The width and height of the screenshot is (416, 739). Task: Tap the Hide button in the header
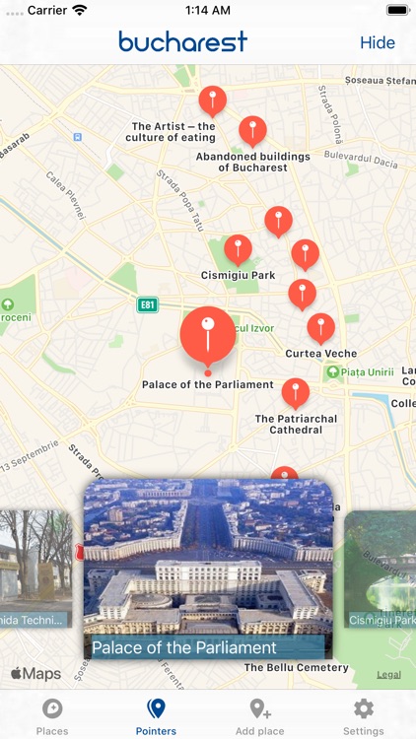(378, 42)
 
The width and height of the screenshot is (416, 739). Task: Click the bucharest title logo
(182, 41)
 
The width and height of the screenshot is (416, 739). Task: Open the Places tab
(52, 716)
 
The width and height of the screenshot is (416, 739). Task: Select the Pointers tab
(156, 716)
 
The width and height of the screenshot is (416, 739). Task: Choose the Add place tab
(260, 716)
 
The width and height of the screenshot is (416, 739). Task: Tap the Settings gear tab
(364, 716)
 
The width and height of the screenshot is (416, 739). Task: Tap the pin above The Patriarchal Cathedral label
(296, 391)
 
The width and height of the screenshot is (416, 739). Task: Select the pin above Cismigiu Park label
(238, 248)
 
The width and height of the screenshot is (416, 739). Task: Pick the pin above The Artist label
(212, 100)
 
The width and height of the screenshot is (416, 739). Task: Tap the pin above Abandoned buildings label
(252, 129)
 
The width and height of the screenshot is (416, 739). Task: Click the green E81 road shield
(148, 305)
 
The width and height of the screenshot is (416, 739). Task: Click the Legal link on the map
(388, 674)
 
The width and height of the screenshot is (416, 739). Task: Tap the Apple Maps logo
(35, 674)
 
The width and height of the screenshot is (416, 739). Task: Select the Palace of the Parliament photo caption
(184, 647)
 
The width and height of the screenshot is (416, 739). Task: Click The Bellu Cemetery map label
(297, 668)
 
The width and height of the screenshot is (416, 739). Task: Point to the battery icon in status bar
(397, 10)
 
